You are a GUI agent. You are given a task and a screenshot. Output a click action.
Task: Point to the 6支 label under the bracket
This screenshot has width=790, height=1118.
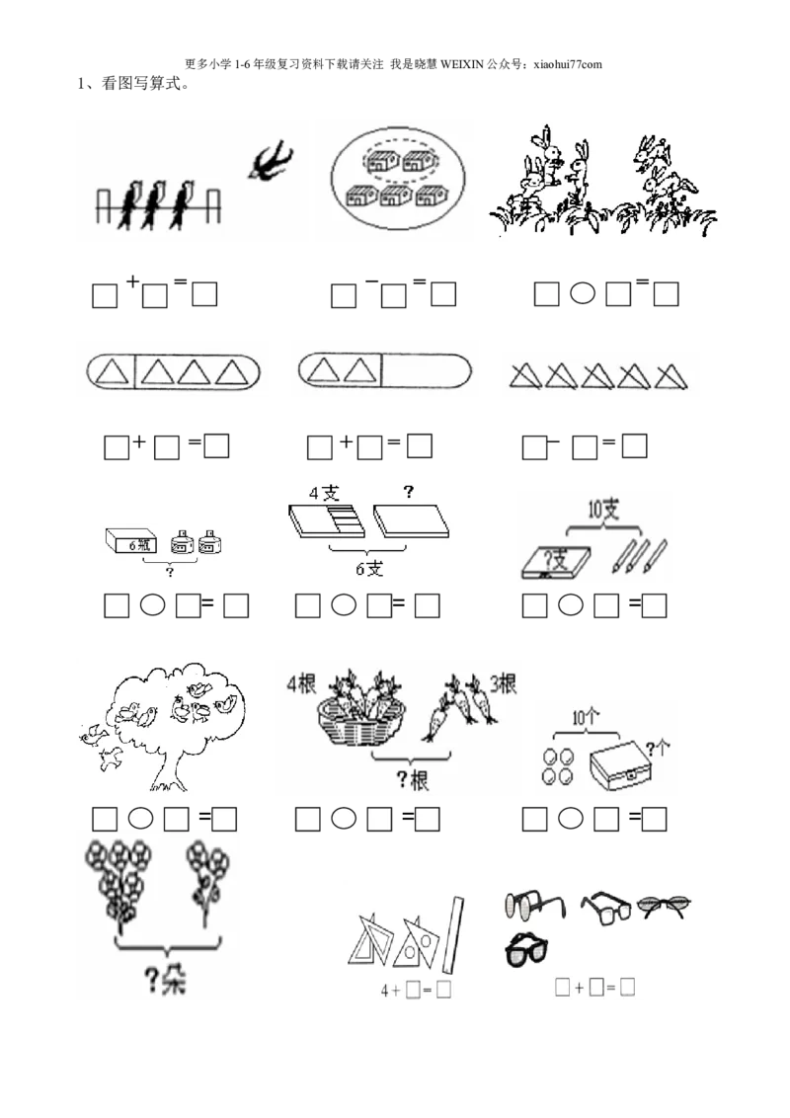[369, 568]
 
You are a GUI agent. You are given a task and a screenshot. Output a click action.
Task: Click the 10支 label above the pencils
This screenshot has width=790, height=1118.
[602, 510]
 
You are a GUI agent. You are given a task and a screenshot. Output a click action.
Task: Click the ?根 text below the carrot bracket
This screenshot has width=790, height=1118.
[412, 779]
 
